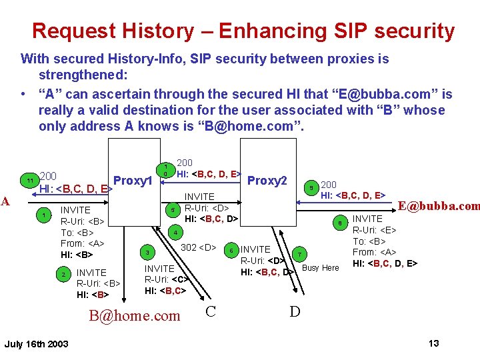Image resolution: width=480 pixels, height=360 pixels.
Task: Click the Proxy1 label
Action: click(134, 181)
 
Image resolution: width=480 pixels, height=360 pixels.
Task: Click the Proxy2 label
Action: click(267, 181)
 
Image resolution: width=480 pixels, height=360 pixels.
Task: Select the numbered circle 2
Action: click(63, 275)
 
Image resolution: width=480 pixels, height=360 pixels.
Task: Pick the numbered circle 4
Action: click(174, 233)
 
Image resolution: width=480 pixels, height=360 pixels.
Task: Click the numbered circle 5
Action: click(172, 210)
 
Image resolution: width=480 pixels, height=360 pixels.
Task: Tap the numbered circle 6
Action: click(231, 251)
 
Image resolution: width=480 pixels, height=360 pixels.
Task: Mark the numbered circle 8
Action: click(339, 223)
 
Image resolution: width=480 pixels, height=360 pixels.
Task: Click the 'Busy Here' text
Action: click(321, 268)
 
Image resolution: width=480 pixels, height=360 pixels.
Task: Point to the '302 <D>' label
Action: click(199, 248)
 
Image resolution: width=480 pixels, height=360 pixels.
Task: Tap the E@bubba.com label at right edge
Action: click(439, 206)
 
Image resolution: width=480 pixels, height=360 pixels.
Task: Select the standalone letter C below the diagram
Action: click(210, 311)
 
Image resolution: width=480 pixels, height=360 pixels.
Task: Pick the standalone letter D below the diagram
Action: click(295, 311)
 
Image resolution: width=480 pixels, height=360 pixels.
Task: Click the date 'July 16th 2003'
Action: click(36, 344)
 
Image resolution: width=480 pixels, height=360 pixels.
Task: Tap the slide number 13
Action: click(433, 343)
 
